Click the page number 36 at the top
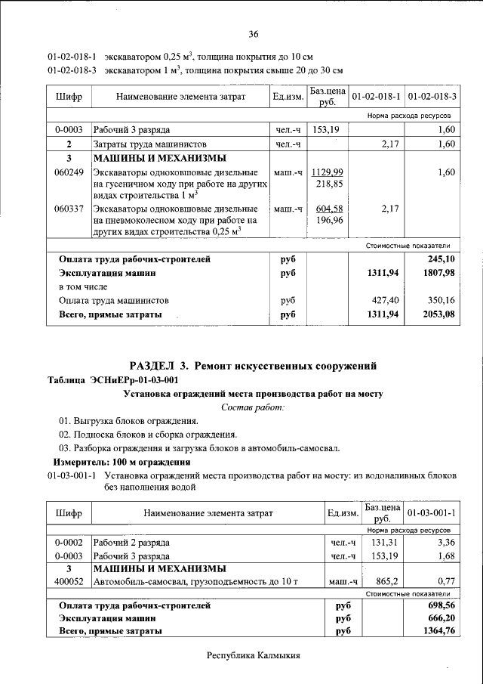click(254, 34)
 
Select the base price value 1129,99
click(329, 172)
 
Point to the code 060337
click(69, 208)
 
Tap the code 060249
click(69, 172)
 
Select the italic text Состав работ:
click(253, 407)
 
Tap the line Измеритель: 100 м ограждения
click(122, 462)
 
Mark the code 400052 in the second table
click(69, 582)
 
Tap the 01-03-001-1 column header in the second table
click(432, 514)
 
